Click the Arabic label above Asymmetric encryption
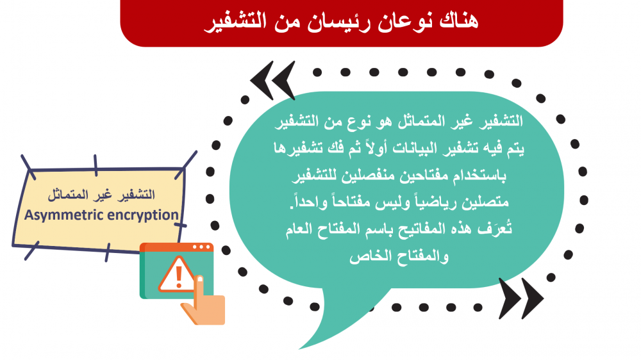click(101, 195)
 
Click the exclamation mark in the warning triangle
click(178, 277)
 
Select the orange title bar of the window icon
click(177, 248)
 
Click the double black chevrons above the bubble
click(272, 81)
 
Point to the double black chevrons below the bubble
click(521, 299)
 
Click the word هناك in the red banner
click(458, 21)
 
